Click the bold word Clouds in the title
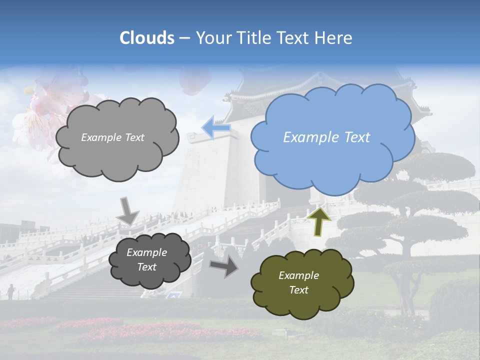tap(147, 38)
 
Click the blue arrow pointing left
tap(215, 128)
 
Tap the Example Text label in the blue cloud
tap(326, 137)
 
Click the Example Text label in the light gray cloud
tap(112, 137)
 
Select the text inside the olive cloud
tap(298, 282)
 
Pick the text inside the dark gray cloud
tap(146, 259)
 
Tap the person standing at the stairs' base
tap(10, 291)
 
